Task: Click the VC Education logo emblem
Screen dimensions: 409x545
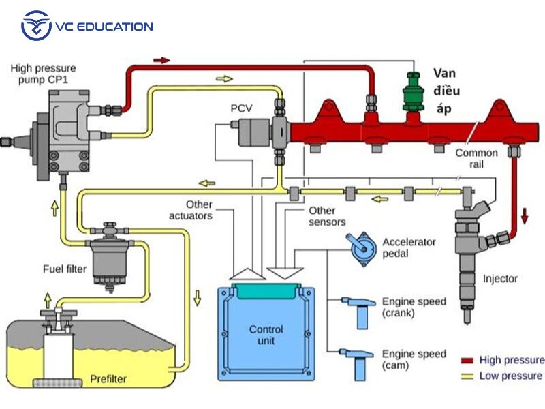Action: pyautogui.click(x=36, y=26)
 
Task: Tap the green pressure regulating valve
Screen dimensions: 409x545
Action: pyautogui.click(x=411, y=93)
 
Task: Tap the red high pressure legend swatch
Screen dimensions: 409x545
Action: pyautogui.click(x=467, y=360)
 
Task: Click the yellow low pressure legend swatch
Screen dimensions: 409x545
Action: pyautogui.click(x=467, y=376)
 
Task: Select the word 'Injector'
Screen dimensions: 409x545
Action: pyautogui.click(x=500, y=278)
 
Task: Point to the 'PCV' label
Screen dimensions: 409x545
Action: pyautogui.click(x=241, y=108)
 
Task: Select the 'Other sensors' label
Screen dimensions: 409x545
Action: pyautogui.click(x=326, y=216)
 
